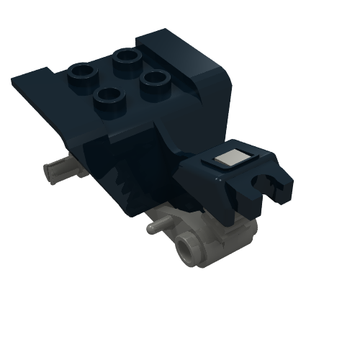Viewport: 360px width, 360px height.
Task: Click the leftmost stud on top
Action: click(x=81, y=72)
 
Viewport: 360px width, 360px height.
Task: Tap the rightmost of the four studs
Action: click(x=153, y=79)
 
